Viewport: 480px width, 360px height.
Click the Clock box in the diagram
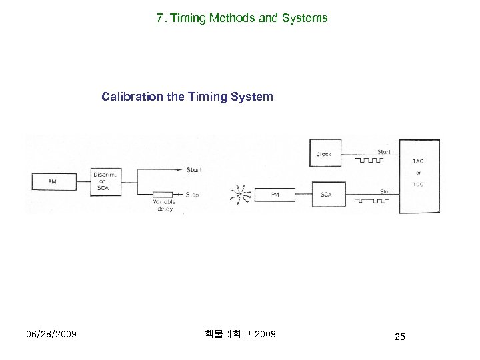pyautogui.click(x=323, y=154)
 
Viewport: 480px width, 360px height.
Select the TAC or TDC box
pyautogui.click(x=418, y=176)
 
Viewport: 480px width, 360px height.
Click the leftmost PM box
pyautogui.click(x=51, y=181)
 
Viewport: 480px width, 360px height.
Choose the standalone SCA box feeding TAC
pyautogui.click(x=326, y=195)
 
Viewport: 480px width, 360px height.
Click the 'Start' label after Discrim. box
pyautogui.click(x=194, y=170)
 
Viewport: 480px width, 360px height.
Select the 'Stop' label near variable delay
pyautogui.click(x=193, y=195)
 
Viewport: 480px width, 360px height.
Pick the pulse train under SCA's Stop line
pyautogui.click(x=370, y=199)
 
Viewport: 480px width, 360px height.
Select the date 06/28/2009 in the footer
pyautogui.click(x=51, y=334)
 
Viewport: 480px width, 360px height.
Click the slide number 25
pyautogui.click(x=399, y=337)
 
